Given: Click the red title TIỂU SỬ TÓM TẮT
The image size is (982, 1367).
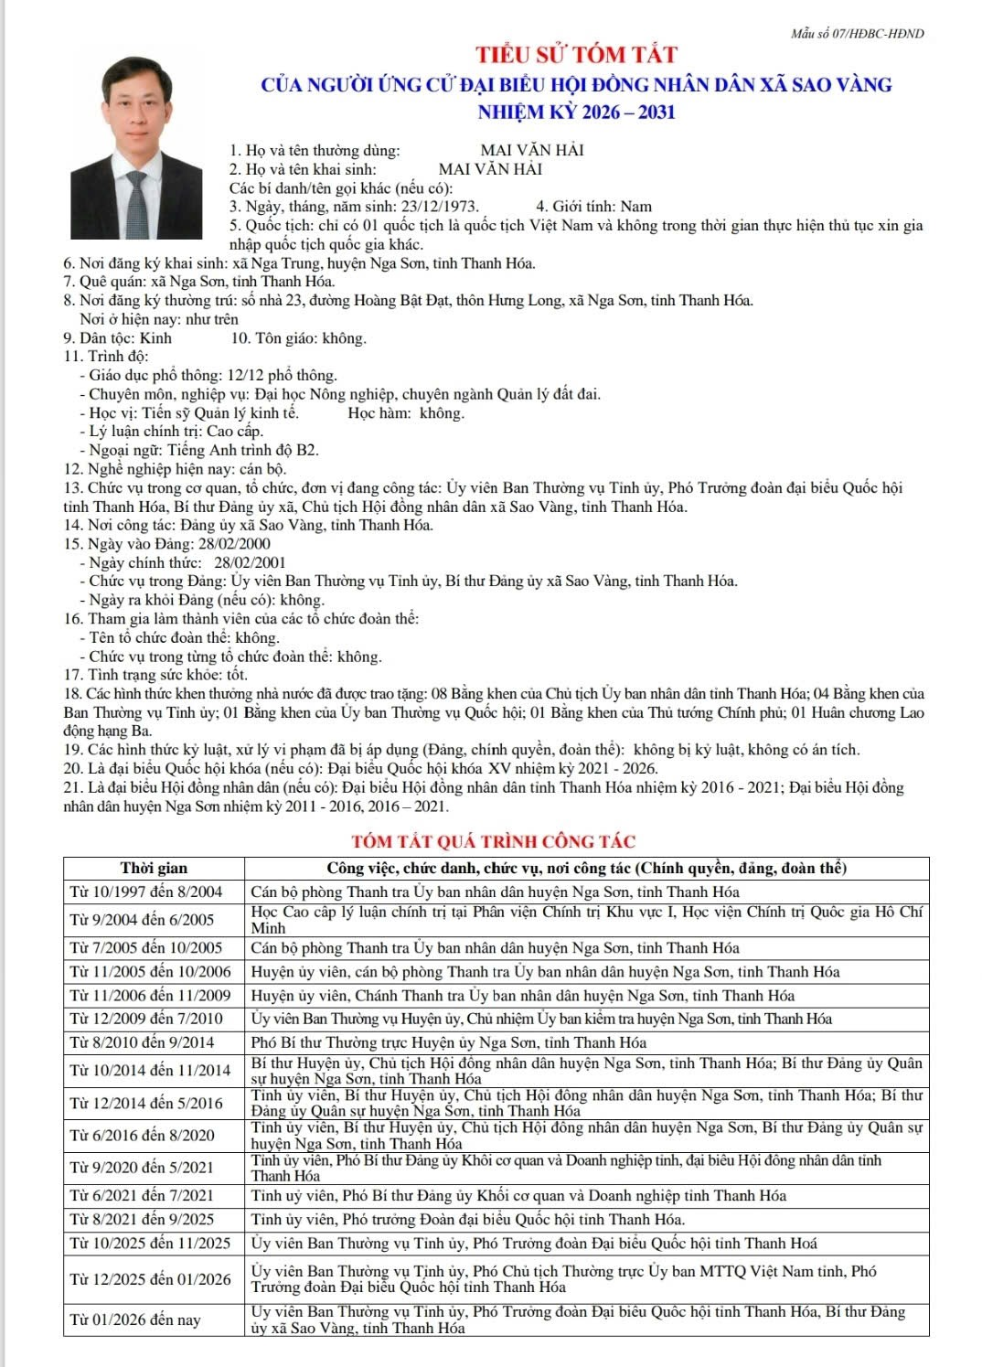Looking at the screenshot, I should [575, 54].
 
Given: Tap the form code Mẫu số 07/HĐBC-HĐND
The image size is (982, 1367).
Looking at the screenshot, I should [858, 34].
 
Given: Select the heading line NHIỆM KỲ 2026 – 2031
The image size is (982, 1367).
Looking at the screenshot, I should [576, 112].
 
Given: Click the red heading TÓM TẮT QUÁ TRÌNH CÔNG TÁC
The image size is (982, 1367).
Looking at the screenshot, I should [494, 841].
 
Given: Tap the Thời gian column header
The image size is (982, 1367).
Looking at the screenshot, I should [154, 869].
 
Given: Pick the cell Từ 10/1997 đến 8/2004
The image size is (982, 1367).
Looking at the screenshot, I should [146, 892].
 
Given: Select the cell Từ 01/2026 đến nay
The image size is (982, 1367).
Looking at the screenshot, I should [135, 1319].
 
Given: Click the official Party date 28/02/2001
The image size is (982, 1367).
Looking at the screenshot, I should [250, 563].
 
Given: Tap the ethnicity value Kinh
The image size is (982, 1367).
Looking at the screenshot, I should [155, 338].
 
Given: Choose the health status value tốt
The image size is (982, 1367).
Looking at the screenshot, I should [237, 675].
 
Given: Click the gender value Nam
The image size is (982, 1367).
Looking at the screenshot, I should [635, 207].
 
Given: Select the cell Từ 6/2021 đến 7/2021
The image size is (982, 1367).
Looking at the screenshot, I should [142, 1195].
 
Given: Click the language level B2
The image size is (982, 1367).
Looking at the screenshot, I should [307, 450].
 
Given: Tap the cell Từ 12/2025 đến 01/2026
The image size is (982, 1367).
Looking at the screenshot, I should [151, 1279].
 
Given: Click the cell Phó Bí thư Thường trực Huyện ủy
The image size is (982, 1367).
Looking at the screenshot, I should [448, 1042].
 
